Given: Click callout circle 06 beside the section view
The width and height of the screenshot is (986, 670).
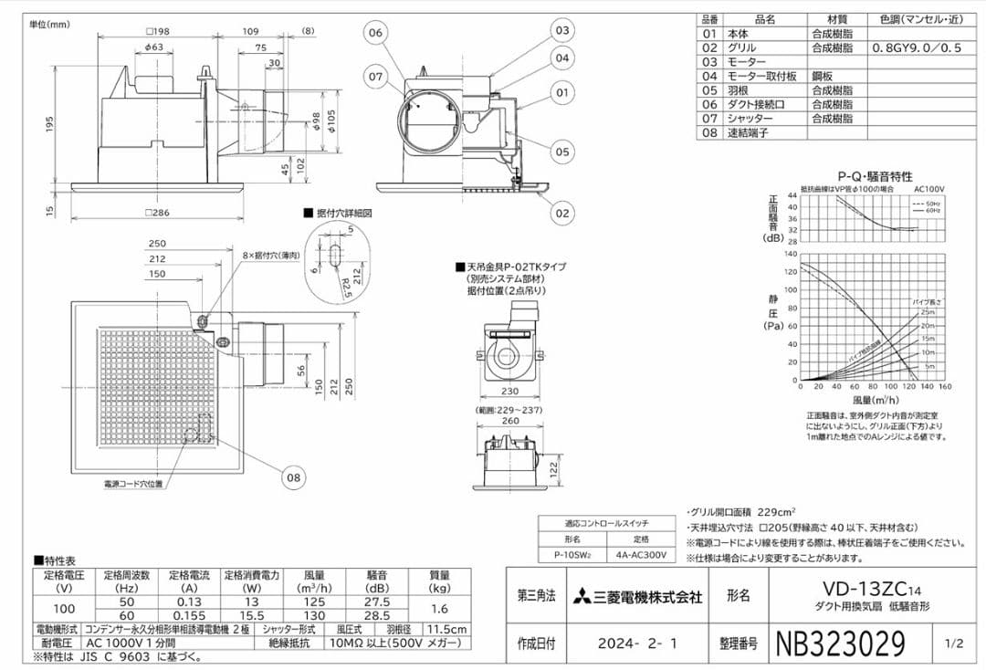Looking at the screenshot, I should click(376, 32).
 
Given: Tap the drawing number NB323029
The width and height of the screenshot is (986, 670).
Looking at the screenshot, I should click(840, 644).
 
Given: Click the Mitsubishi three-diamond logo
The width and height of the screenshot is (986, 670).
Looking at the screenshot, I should click(582, 598).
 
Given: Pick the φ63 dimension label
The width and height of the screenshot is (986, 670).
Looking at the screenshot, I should click(154, 47).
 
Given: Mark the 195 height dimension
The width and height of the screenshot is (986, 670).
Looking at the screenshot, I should click(50, 123).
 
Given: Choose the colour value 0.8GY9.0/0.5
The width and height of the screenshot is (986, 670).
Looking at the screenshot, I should click(916, 47).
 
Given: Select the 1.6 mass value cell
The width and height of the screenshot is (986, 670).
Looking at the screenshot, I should click(439, 608).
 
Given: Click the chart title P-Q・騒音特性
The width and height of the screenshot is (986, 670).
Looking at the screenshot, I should click(875, 176).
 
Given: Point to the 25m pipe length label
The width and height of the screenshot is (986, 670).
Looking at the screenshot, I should click(928, 312).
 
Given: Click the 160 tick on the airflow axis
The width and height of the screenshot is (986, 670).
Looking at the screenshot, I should click(944, 387).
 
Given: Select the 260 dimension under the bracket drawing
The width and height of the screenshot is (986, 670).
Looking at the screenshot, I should click(509, 422).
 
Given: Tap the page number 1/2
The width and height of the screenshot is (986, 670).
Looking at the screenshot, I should click(955, 644).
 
